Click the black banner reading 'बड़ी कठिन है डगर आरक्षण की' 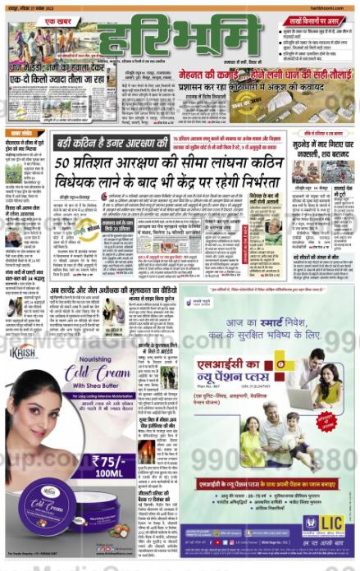coord(112,143)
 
